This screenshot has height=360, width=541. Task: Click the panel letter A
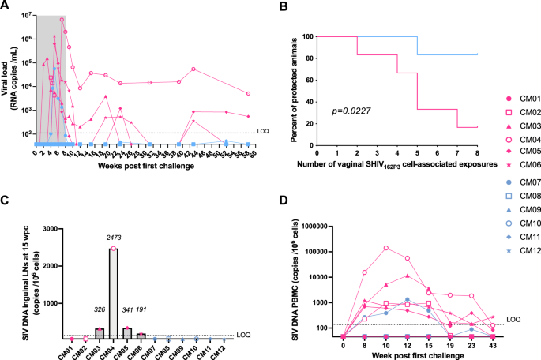(x=6, y=7)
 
